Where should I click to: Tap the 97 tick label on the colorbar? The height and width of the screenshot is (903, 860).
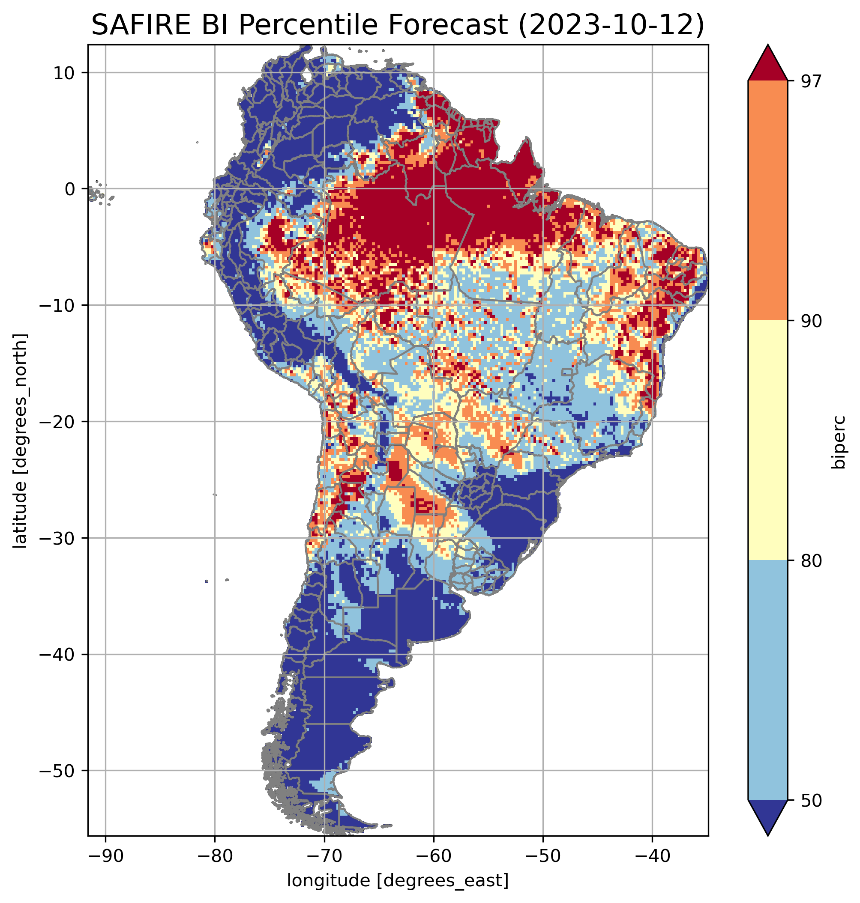coord(811,81)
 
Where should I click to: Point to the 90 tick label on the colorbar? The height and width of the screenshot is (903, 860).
coord(811,321)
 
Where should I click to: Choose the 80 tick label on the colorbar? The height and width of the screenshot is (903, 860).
coord(811,561)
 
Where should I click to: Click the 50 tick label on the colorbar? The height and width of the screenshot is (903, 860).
coord(811,801)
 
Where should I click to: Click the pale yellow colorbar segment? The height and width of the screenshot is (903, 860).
coord(767,440)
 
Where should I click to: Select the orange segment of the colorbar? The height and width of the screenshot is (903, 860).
coord(767,201)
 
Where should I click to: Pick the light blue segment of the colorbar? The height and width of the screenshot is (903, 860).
coord(767,680)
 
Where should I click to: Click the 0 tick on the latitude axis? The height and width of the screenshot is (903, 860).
coord(69,189)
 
